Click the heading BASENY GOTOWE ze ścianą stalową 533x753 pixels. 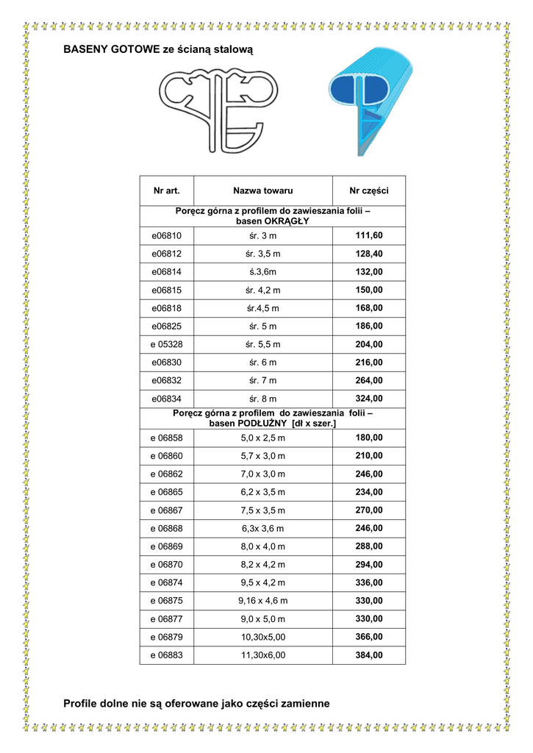(x=158, y=50)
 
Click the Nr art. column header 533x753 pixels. (x=166, y=191)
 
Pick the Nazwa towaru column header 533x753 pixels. (x=262, y=191)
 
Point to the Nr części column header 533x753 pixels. (x=368, y=191)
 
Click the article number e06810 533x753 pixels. (x=166, y=236)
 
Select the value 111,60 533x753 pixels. (x=369, y=235)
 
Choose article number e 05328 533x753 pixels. (x=166, y=344)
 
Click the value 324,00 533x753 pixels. (x=369, y=399)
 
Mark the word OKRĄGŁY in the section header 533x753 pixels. (x=284, y=221)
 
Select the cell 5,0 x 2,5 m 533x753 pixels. (x=262, y=438)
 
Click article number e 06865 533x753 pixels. (x=166, y=492)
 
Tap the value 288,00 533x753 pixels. (x=369, y=546)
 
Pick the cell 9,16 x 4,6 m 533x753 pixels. (x=262, y=601)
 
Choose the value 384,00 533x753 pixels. (x=369, y=654)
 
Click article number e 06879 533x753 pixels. (x=166, y=637)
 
